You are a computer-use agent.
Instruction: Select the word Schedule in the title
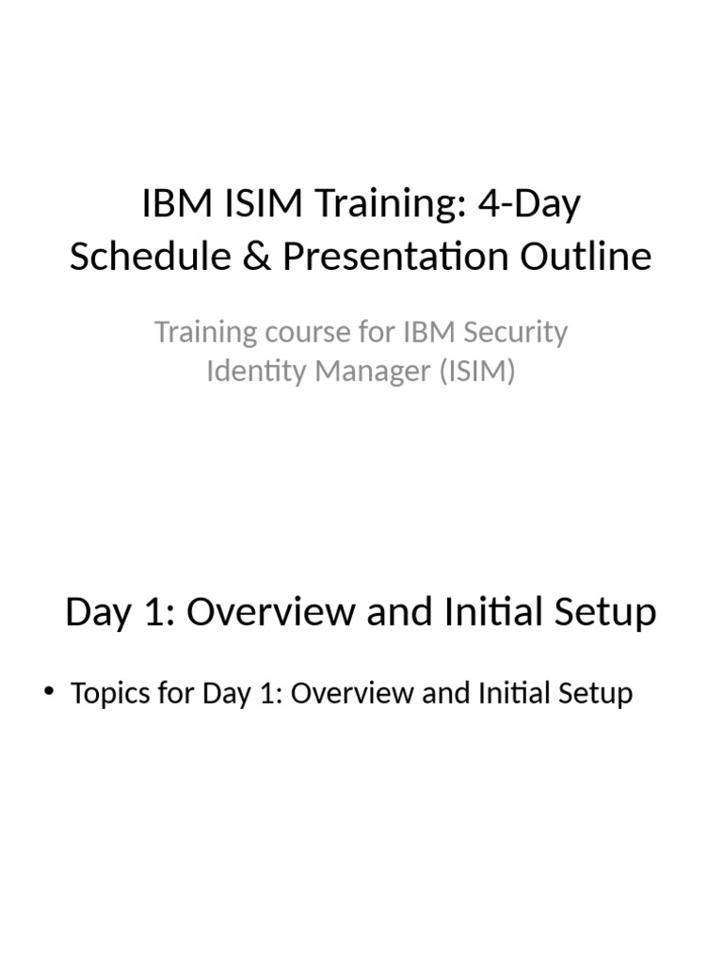pos(147,256)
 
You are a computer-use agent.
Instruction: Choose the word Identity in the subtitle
pos(247,372)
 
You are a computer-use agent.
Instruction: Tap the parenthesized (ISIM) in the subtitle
pos(473,372)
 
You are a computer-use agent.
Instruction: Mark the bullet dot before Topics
pos(50,694)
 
